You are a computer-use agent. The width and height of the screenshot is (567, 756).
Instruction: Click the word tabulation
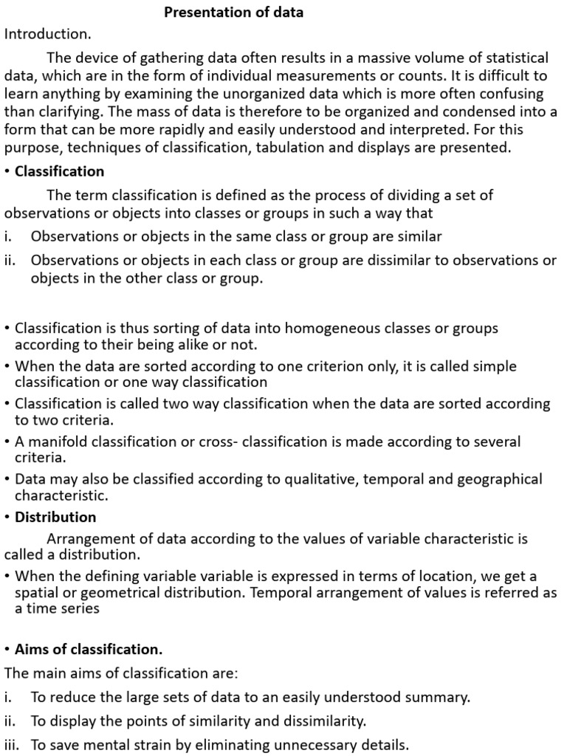tap(294, 148)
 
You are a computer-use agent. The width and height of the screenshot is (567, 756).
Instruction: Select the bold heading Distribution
tap(55, 517)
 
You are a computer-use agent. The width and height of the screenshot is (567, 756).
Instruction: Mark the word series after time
tap(81, 609)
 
